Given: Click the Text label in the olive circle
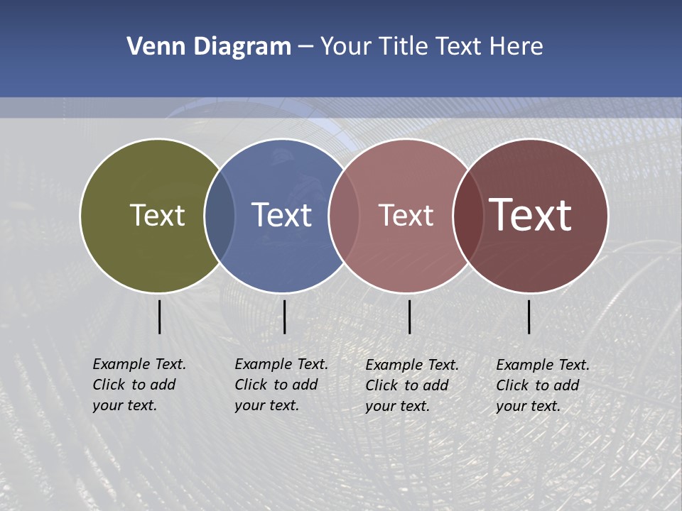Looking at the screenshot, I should point(157,215).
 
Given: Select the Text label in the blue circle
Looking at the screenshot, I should point(281,215).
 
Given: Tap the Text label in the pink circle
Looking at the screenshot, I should point(406,215).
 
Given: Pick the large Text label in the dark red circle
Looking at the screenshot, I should point(531,215).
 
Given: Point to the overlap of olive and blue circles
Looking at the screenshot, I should point(220,215).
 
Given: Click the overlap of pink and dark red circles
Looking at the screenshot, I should point(465,215).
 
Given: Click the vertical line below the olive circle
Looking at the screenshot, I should point(160,317).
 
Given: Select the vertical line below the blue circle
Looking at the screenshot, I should point(284,317).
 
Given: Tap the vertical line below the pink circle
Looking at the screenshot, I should point(410,317).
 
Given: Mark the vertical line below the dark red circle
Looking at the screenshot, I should point(529,317).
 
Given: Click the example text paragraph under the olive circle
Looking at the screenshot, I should point(139,385).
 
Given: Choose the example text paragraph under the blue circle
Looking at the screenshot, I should point(281,385).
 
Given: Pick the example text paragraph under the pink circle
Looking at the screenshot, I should point(411,385).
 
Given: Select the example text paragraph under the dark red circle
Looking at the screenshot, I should point(542,385).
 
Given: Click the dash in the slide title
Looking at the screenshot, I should point(305,47).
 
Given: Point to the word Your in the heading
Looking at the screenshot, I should point(345,47).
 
